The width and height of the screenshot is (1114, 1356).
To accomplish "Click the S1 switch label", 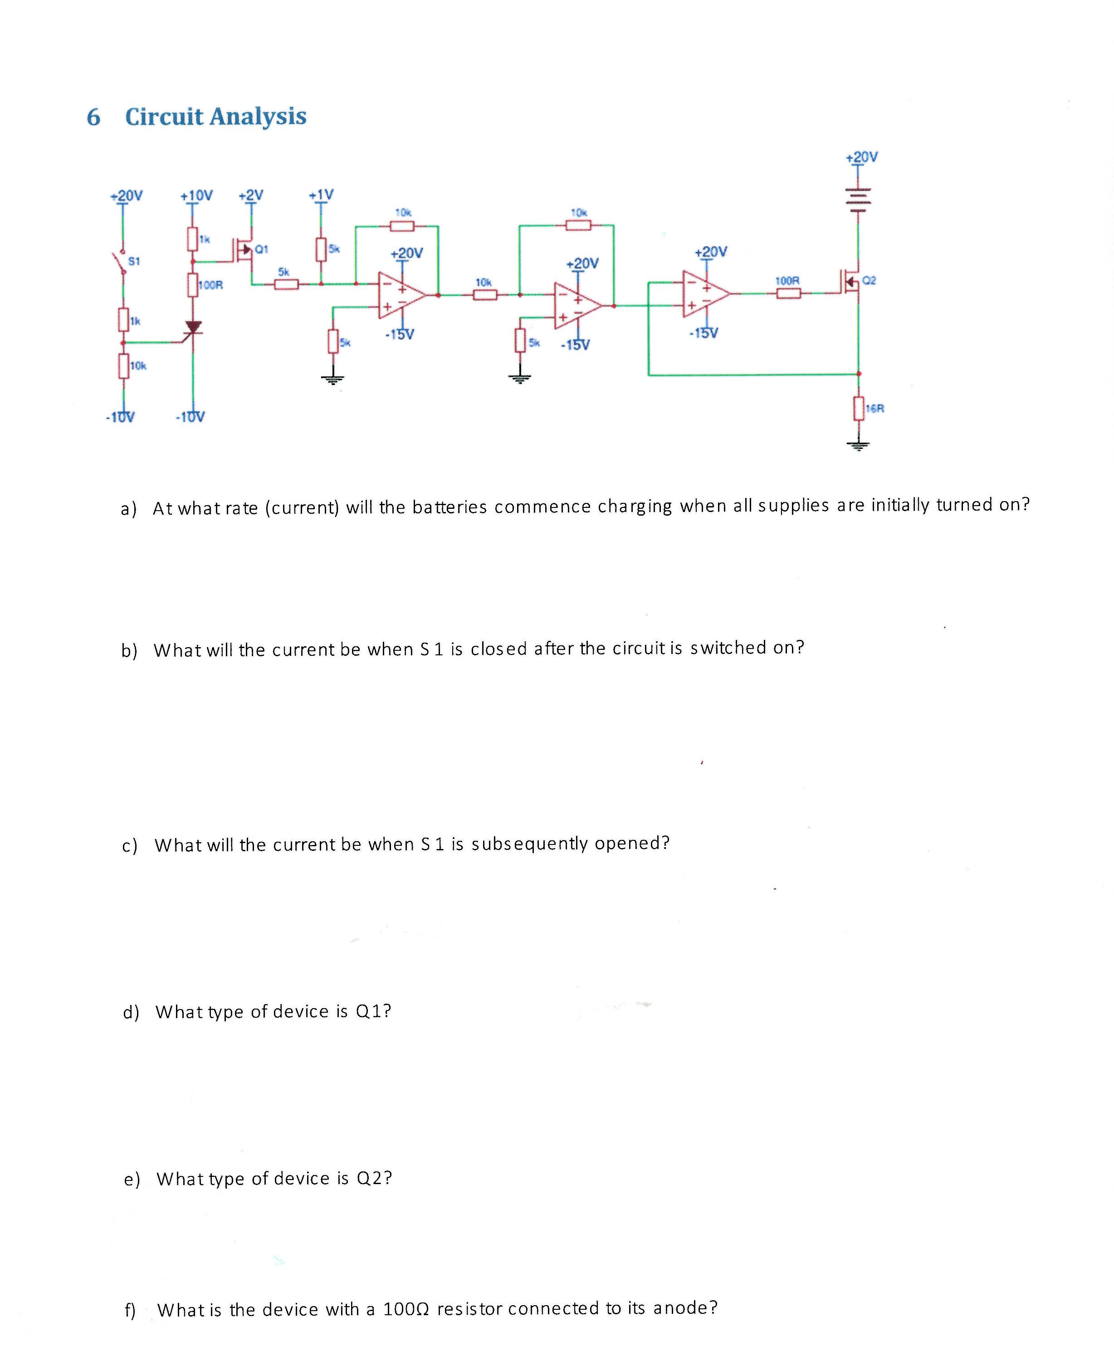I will point(134,261).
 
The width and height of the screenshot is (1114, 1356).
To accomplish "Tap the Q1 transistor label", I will point(262,249).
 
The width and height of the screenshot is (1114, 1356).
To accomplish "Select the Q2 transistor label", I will point(870,280).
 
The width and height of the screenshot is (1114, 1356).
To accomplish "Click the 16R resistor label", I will point(875,408).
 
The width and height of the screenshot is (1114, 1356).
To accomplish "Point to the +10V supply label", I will point(196,195).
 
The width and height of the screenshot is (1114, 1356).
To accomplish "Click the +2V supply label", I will point(251,195).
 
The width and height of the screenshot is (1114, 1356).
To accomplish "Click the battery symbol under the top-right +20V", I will point(859,200).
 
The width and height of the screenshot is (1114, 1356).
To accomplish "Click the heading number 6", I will point(94,117).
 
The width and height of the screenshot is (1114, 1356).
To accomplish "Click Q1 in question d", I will point(373,1011).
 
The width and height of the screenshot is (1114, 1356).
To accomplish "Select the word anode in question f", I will point(685,1308).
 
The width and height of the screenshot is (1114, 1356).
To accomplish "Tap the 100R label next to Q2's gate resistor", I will point(787,280).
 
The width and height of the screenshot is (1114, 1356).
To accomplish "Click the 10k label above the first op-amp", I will point(403,212).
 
